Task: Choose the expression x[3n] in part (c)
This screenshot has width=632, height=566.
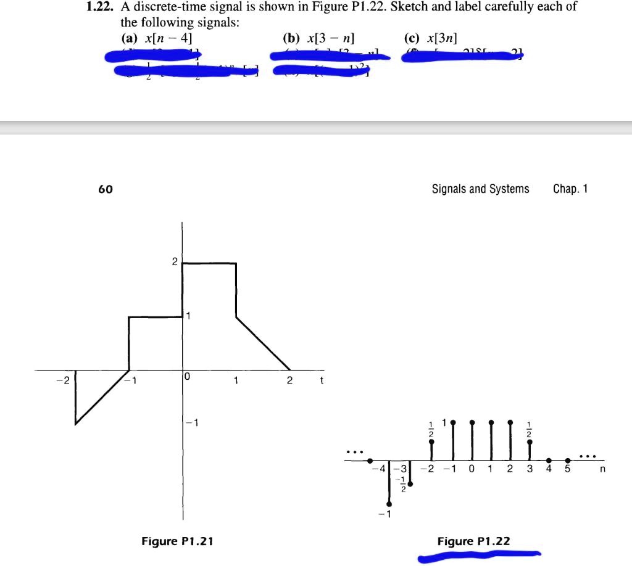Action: coord(439,38)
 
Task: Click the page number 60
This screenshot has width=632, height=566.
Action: coord(106,189)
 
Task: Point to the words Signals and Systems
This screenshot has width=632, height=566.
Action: coord(480,189)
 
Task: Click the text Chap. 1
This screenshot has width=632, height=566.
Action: coord(570,189)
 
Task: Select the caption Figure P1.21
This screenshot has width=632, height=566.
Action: coord(177,541)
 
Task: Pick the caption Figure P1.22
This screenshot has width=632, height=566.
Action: coord(474,541)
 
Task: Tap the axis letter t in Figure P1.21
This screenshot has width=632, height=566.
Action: coord(322,380)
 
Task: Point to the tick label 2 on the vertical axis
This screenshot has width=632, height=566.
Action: coord(175,263)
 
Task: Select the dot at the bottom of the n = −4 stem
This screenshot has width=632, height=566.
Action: coord(389,504)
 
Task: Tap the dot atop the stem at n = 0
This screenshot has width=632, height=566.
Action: coord(472,422)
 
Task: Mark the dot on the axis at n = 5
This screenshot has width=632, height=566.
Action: coord(568,461)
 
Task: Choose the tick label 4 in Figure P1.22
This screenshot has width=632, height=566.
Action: coord(549,470)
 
